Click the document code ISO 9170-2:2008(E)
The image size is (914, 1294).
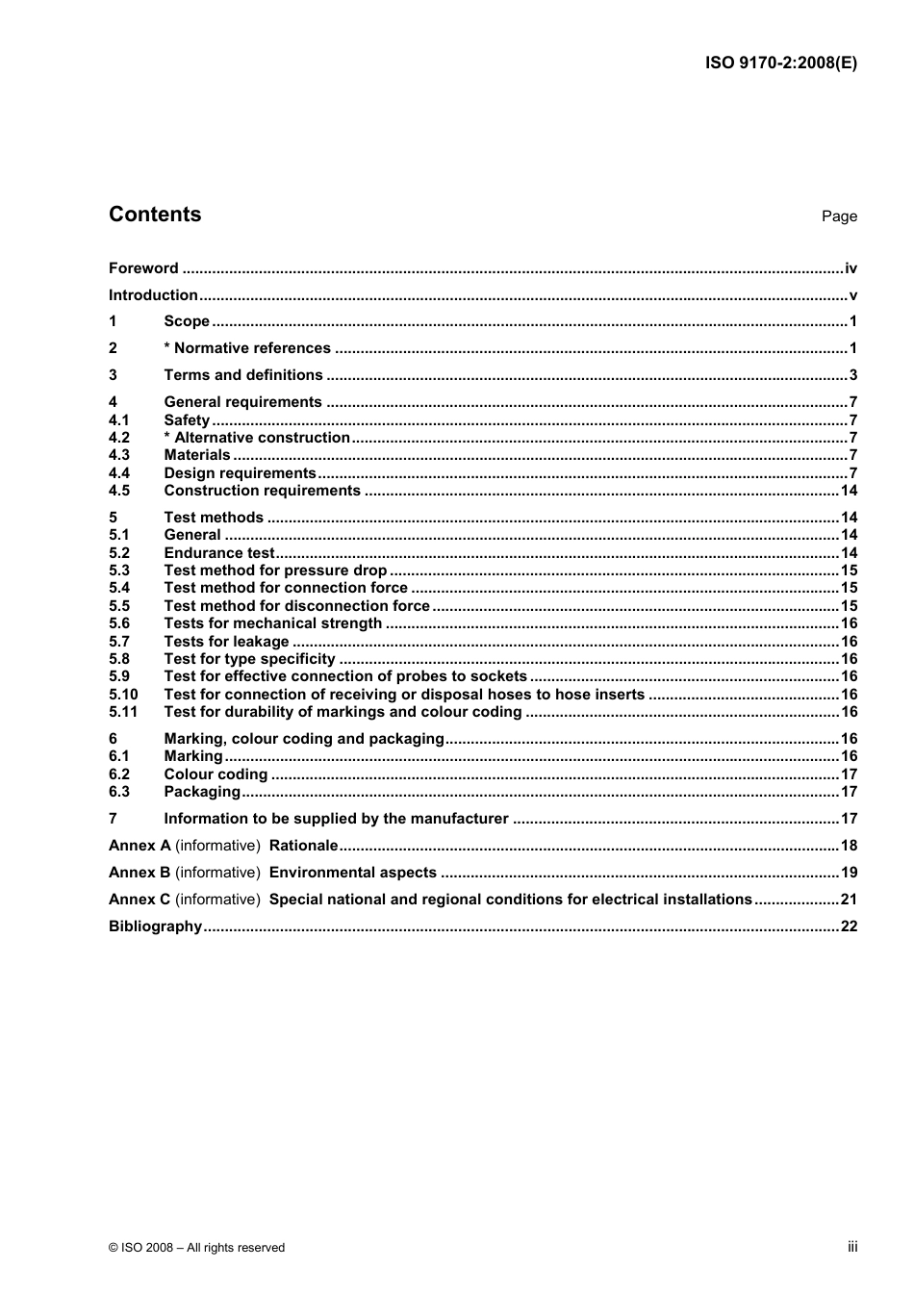780,63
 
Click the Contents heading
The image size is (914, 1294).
155,215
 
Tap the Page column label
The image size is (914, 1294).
839,216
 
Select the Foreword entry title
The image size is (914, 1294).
143,268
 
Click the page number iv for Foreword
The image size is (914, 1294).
851,268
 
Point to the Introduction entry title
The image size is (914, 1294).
153,295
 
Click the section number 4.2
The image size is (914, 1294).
119,438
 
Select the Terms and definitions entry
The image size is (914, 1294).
243,375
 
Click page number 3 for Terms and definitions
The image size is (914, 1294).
852,375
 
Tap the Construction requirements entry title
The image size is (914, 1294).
262,491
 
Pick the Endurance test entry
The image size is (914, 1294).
219,553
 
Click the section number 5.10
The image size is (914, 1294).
123,695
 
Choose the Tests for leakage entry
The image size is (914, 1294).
226,642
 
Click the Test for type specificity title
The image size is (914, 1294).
249,659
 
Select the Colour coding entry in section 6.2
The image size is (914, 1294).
216,774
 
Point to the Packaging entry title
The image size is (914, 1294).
202,792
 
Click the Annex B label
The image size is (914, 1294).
140,873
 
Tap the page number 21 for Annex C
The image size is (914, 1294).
849,900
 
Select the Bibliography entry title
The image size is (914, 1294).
155,926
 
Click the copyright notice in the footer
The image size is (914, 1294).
196,1248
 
